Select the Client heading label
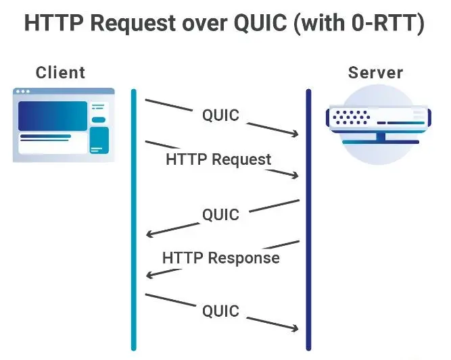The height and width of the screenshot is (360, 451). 61,72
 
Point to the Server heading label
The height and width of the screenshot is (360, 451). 375,72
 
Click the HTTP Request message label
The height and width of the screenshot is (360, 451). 218,160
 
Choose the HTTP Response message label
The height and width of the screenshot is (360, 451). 220,258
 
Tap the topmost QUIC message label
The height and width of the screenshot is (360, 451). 220,115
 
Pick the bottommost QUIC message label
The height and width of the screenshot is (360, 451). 220,311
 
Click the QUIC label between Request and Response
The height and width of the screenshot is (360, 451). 220,215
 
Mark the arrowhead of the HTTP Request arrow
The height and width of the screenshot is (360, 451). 295,176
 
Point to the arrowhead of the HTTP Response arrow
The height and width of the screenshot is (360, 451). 150,275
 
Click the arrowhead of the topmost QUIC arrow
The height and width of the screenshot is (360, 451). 295,134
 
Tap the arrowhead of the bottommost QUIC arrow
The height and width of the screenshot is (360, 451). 295,329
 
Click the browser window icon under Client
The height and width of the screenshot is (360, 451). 64,125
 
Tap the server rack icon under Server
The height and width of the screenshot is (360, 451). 376,125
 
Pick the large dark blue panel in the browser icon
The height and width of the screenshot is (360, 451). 52,116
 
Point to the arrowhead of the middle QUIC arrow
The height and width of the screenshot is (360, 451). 150,234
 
